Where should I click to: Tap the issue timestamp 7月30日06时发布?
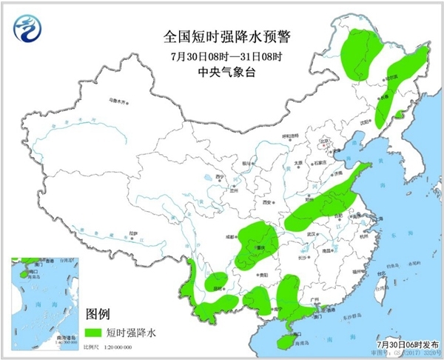pos(408,345)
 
